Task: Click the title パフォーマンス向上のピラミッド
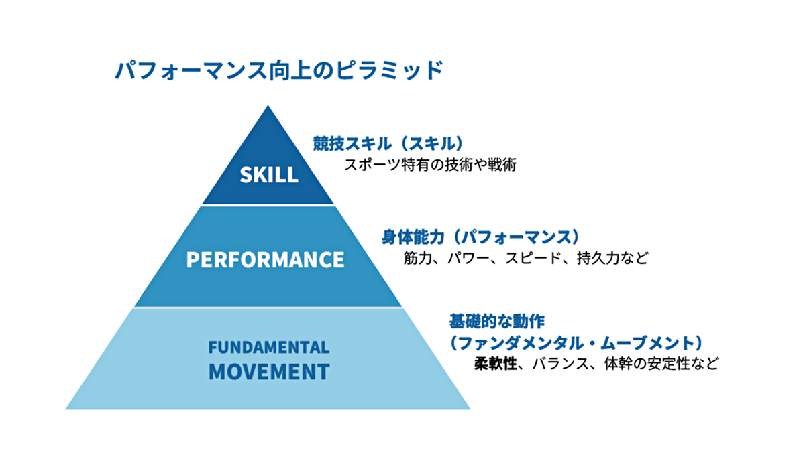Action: tap(279, 70)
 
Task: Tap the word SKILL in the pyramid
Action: tap(269, 175)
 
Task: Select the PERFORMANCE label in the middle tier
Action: tap(265, 259)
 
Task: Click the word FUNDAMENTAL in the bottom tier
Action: tap(269, 347)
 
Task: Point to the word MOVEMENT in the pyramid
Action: tap(269, 372)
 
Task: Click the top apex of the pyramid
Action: tap(268, 106)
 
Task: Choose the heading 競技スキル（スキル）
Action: tap(388, 143)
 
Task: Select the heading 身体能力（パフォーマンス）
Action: tap(480, 237)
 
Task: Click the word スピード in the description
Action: tap(533, 258)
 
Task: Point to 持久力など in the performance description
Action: tap(612, 258)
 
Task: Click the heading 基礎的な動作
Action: tap(497, 321)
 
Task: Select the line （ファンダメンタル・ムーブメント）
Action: tap(576, 343)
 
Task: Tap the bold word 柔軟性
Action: tap(496, 363)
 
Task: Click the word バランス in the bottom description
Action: tap(561, 363)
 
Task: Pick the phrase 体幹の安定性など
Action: tap(661, 363)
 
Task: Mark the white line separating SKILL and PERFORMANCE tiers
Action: tap(268, 206)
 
